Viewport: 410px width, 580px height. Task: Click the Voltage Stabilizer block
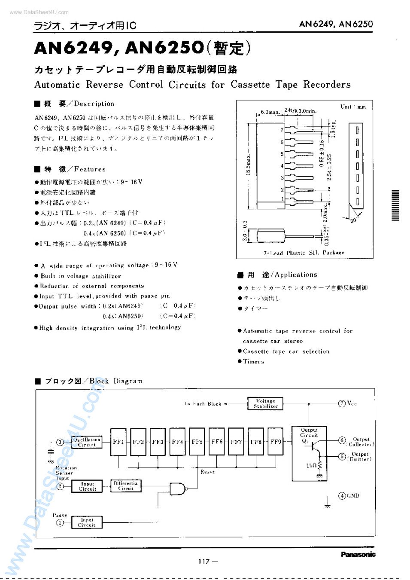tap(265, 403)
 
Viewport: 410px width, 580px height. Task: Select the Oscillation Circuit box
tap(87, 442)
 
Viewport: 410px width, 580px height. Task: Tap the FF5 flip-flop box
tap(197, 442)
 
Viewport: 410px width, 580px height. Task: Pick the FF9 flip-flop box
tap(276, 442)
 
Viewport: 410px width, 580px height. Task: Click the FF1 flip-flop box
tap(118, 442)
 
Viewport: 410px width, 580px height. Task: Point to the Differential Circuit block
tap(126, 486)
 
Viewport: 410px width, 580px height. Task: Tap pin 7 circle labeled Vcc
tap(342, 403)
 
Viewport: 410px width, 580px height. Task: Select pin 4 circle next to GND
tap(342, 496)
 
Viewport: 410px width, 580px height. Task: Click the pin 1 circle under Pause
tap(60, 522)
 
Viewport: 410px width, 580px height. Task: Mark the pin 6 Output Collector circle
tap(342, 440)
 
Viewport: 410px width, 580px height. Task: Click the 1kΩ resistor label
tap(311, 466)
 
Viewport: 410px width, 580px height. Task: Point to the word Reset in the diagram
tap(207, 472)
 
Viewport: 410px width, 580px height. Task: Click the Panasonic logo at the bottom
tap(358, 554)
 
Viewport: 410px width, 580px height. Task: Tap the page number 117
tap(204, 561)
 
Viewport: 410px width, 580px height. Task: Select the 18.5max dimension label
tap(248, 165)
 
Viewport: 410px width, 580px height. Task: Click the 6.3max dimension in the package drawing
tap(270, 112)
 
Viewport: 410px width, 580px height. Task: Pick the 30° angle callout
tap(353, 220)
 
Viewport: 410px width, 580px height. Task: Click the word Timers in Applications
tap(253, 362)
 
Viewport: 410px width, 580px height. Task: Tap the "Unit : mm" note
tap(353, 107)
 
